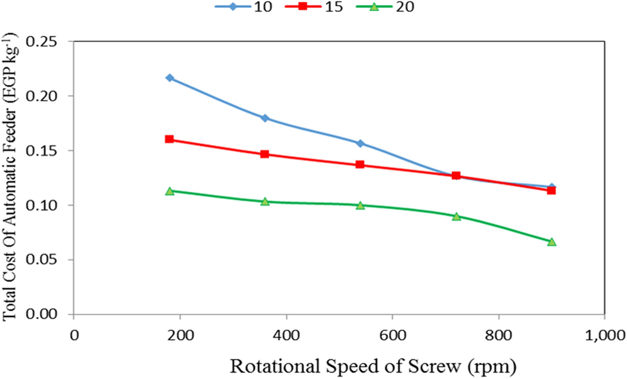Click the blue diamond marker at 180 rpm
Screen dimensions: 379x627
(169, 78)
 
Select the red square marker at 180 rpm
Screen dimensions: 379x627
(169, 139)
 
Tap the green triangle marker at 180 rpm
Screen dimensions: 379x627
(169, 191)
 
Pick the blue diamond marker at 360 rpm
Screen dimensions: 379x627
(265, 118)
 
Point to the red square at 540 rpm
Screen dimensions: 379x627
(360, 164)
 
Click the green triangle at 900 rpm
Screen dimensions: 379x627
(551, 242)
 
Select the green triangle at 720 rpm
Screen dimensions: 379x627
(456, 216)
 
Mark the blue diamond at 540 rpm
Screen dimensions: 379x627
(360, 143)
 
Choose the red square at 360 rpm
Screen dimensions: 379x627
(265, 154)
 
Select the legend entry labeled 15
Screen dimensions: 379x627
(328, 8)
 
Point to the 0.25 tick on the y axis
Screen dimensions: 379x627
(48, 42)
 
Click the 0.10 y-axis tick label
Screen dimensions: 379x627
(48, 206)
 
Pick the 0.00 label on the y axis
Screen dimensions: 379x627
(48, 315)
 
